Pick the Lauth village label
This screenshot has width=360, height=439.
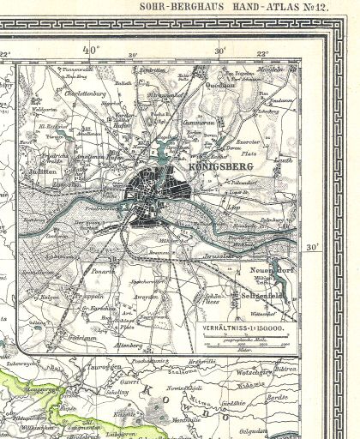(285, 159)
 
